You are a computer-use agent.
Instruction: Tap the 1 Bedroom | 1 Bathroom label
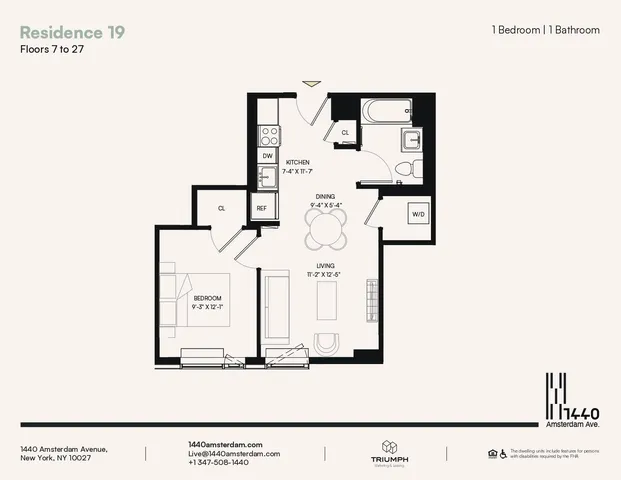(x=546, y=30)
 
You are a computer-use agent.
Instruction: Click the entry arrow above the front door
(x=313, y=84)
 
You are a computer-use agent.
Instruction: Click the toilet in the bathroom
(x=406, y=168)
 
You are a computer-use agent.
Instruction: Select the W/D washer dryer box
(x=419, y=214)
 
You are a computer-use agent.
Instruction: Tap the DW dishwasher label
(x=268, y=156)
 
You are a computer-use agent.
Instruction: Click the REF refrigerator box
(x=262, y=209)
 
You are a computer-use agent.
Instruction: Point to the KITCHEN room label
(x=298, y=162)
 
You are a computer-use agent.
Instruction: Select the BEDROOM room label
(x=207, y=299)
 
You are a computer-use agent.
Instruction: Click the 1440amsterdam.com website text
(x=225, y=443)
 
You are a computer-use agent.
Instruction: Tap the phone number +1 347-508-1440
(x=218, y=463)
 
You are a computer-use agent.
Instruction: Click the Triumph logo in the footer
(x=389, y=453)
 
